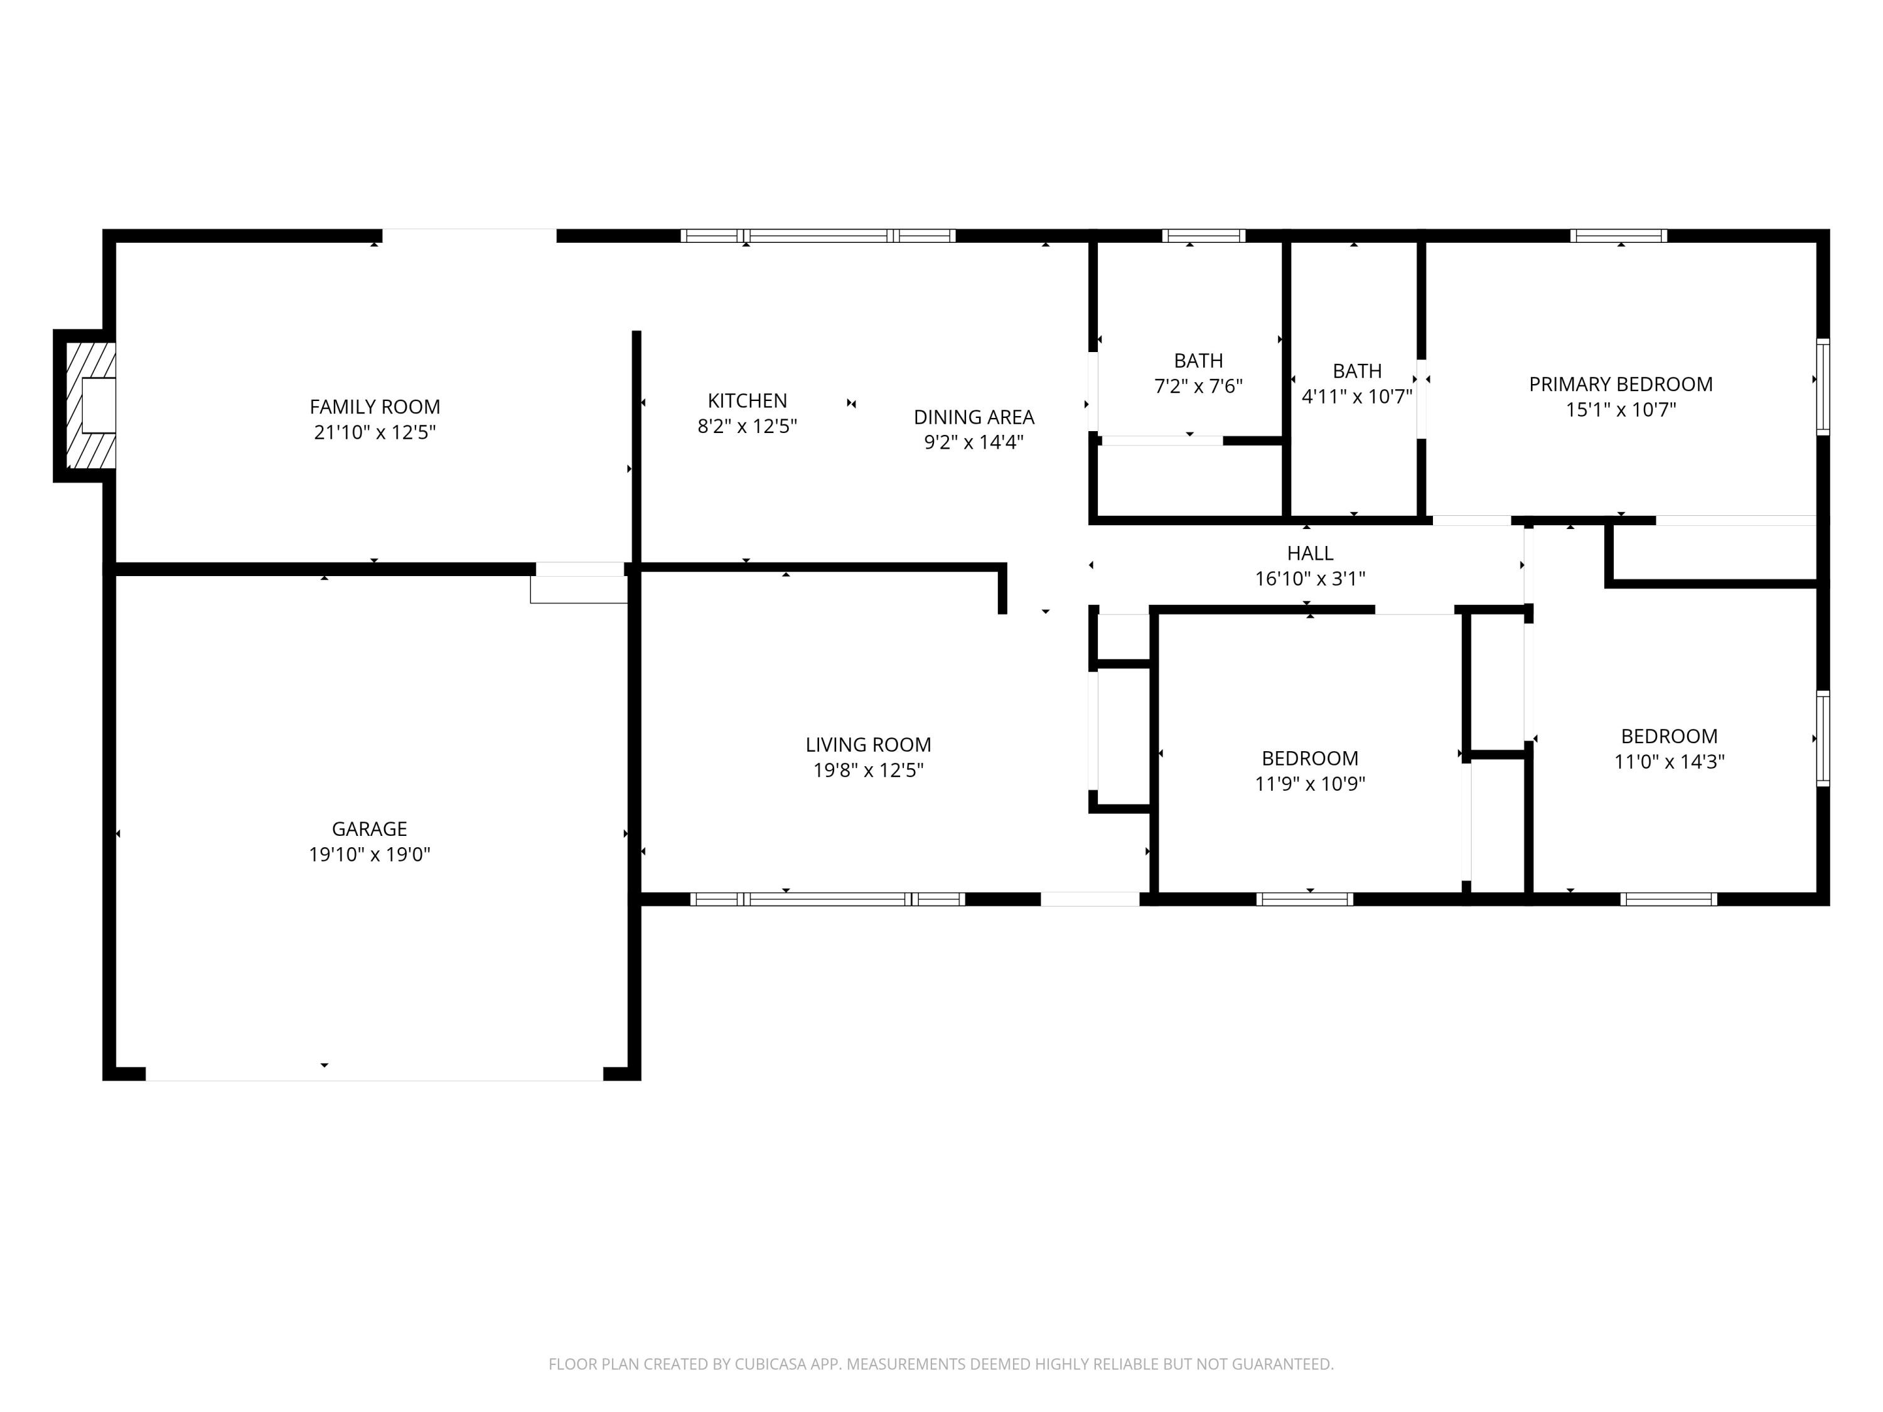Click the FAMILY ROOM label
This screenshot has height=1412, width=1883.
point(375,407)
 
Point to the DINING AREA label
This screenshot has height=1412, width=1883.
point(974,417)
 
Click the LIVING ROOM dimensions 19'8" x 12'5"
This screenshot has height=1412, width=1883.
point(868,770)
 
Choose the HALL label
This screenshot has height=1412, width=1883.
point(1309,554)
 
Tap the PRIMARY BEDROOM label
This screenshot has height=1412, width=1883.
point(1620,384)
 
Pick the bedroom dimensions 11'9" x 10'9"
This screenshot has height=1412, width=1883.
point(1309,784)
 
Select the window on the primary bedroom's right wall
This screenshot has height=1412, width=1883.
point(1823,387)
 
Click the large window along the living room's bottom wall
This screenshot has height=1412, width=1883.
point(827,899)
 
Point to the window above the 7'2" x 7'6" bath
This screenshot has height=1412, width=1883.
point(1204,236)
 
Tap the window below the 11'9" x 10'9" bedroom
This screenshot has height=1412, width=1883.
point(1304,899)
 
